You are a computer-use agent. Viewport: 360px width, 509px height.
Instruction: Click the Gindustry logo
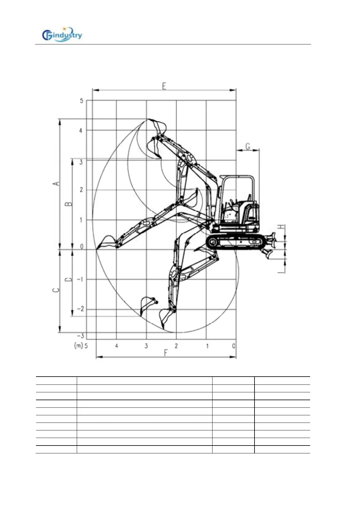point(62,34)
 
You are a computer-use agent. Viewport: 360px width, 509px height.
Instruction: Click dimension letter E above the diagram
point(164,86)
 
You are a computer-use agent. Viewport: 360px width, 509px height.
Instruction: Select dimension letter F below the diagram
point(166,353)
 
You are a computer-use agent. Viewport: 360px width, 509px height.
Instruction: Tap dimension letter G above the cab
point(248,147)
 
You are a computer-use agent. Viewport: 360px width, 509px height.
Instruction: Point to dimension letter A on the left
point(56,183)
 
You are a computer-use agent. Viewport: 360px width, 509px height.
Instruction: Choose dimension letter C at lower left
point(56,290)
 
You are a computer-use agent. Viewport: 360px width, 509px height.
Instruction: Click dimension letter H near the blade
point(281,227)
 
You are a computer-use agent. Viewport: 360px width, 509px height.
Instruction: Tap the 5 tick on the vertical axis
point(81,101)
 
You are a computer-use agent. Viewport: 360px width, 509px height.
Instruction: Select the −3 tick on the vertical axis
point(80,336)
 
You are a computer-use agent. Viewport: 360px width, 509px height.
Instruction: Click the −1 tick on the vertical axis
point(80,279)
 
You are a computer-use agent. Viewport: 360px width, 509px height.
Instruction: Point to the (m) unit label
point(78,345)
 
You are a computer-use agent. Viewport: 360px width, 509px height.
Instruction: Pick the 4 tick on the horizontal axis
point(117,346)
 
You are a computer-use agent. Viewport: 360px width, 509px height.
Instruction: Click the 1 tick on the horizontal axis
point(207,346)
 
